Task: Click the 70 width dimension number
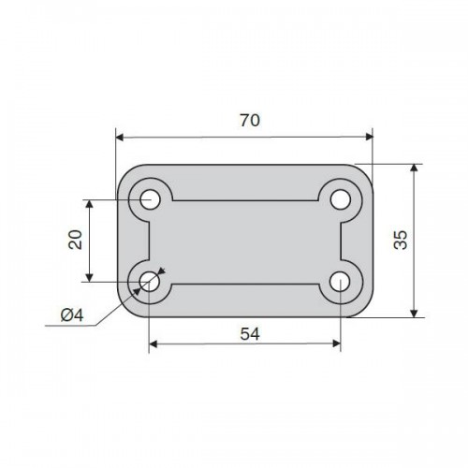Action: pyautogui.click(x=250, y=121)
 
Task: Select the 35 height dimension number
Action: pyautogui.click(x=401, y=240)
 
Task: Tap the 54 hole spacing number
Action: pyautogui.click(x=250, y=334)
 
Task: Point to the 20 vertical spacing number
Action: pyautogui.click(x=75, y=240)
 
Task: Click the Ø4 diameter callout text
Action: pyautogui.click(x=72, y=315)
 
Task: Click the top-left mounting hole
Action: pyautogui.click(x=150, y=199)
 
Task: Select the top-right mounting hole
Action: pyautogui.click(x=340, y=199)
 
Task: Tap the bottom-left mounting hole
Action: pyautogui.click(x=150, y=282)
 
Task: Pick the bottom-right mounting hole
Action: pyautogui.click(x=340, y=282)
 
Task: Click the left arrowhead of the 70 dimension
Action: pyautogui.click(x=120, y=137)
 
